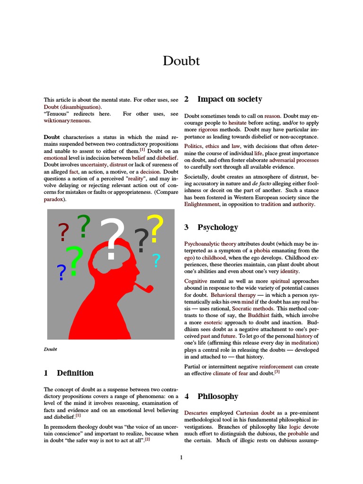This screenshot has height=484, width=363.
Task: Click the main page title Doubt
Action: tap(181, 61)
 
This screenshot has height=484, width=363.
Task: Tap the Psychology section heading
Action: tap(217, 227)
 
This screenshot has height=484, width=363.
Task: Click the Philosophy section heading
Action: tap(217, 397)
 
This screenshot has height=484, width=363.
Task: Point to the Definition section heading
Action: tap(75, 373)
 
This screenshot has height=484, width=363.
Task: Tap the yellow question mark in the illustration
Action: tap(155, 228)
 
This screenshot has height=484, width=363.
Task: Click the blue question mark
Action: tap(61, 273)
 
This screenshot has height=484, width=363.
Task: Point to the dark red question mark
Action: tap(63, 233)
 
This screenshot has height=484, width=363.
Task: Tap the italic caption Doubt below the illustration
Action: tap(50, 349)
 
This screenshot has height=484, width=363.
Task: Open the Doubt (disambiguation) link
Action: tap(72, 107)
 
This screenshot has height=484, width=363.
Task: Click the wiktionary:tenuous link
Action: tap(67, 121)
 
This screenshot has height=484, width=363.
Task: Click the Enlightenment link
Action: tap(202, 204)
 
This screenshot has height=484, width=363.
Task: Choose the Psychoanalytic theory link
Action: tap(210, 243)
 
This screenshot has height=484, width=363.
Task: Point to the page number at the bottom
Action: tap(181, 457)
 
